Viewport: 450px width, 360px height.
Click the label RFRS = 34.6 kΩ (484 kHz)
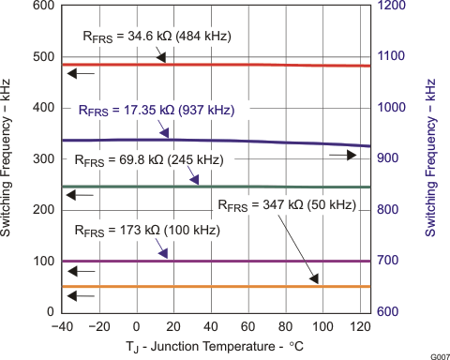tap(149, 37)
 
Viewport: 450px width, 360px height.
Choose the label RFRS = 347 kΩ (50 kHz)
tap(286, 204)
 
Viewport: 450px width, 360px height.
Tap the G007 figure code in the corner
tap(436, 355)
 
